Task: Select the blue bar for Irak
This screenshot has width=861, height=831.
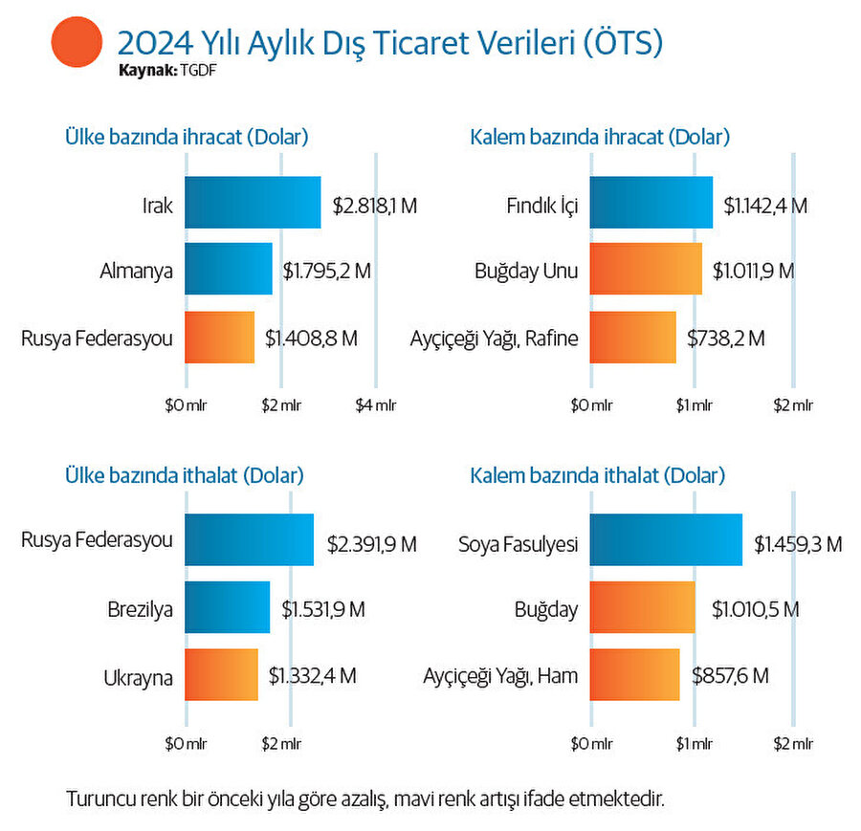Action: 253,203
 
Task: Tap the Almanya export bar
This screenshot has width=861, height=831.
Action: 228,270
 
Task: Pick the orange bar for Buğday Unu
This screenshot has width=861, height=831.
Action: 646,270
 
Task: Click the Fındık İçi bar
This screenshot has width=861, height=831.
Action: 651,203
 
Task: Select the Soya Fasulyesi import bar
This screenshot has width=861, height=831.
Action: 666,539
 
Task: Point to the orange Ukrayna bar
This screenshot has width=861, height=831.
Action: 221,675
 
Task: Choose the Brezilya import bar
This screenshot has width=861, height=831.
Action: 227,607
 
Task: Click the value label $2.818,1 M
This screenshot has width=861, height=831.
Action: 375,204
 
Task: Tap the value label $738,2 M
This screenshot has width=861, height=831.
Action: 726,338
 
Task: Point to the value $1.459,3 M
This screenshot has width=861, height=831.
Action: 798,544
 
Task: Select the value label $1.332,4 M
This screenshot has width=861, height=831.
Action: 312,675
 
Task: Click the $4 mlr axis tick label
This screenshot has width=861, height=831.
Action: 376,405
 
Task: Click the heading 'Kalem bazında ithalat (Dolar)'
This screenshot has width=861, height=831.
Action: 598,475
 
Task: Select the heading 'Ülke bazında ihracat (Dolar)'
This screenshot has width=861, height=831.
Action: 187,137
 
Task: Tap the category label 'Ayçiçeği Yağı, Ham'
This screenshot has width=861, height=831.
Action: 500,676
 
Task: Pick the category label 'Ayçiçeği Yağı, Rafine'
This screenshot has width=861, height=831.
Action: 495,339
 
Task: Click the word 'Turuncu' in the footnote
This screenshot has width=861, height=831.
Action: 96,797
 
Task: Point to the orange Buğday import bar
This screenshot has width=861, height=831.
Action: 642,607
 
